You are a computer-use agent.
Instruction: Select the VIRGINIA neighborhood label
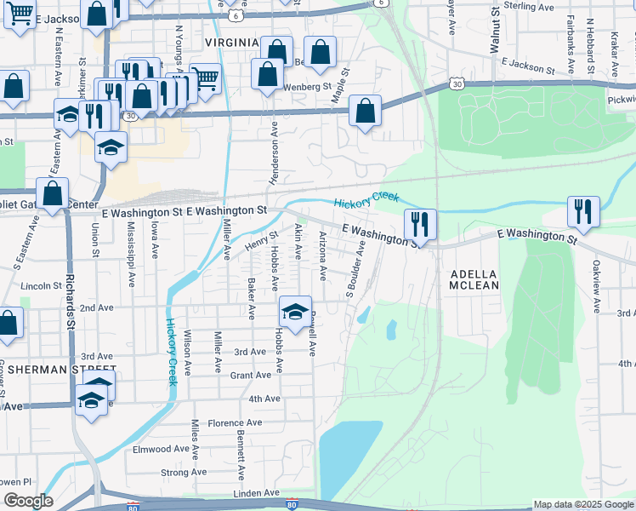click(x=231, y=42)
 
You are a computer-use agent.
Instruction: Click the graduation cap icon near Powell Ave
click(x=295, y=311)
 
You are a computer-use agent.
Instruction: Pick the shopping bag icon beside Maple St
click(x=365, y=111)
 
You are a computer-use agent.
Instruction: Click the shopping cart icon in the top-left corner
click(x=20, y=13)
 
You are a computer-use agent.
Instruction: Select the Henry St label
click(x=262, y=241)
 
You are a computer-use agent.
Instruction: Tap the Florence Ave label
click(x=236, y=422)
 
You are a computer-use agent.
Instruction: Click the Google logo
click(x=27, y=501)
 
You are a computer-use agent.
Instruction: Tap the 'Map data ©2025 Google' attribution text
click(x=582, y=504)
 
